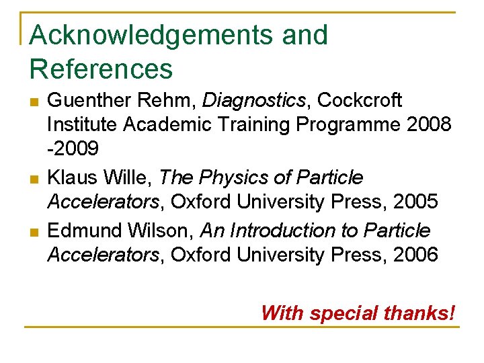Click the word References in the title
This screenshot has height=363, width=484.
click(102, 69)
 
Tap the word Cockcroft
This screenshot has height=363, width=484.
click(360, 101)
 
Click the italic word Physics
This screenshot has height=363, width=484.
click(236, 178)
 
